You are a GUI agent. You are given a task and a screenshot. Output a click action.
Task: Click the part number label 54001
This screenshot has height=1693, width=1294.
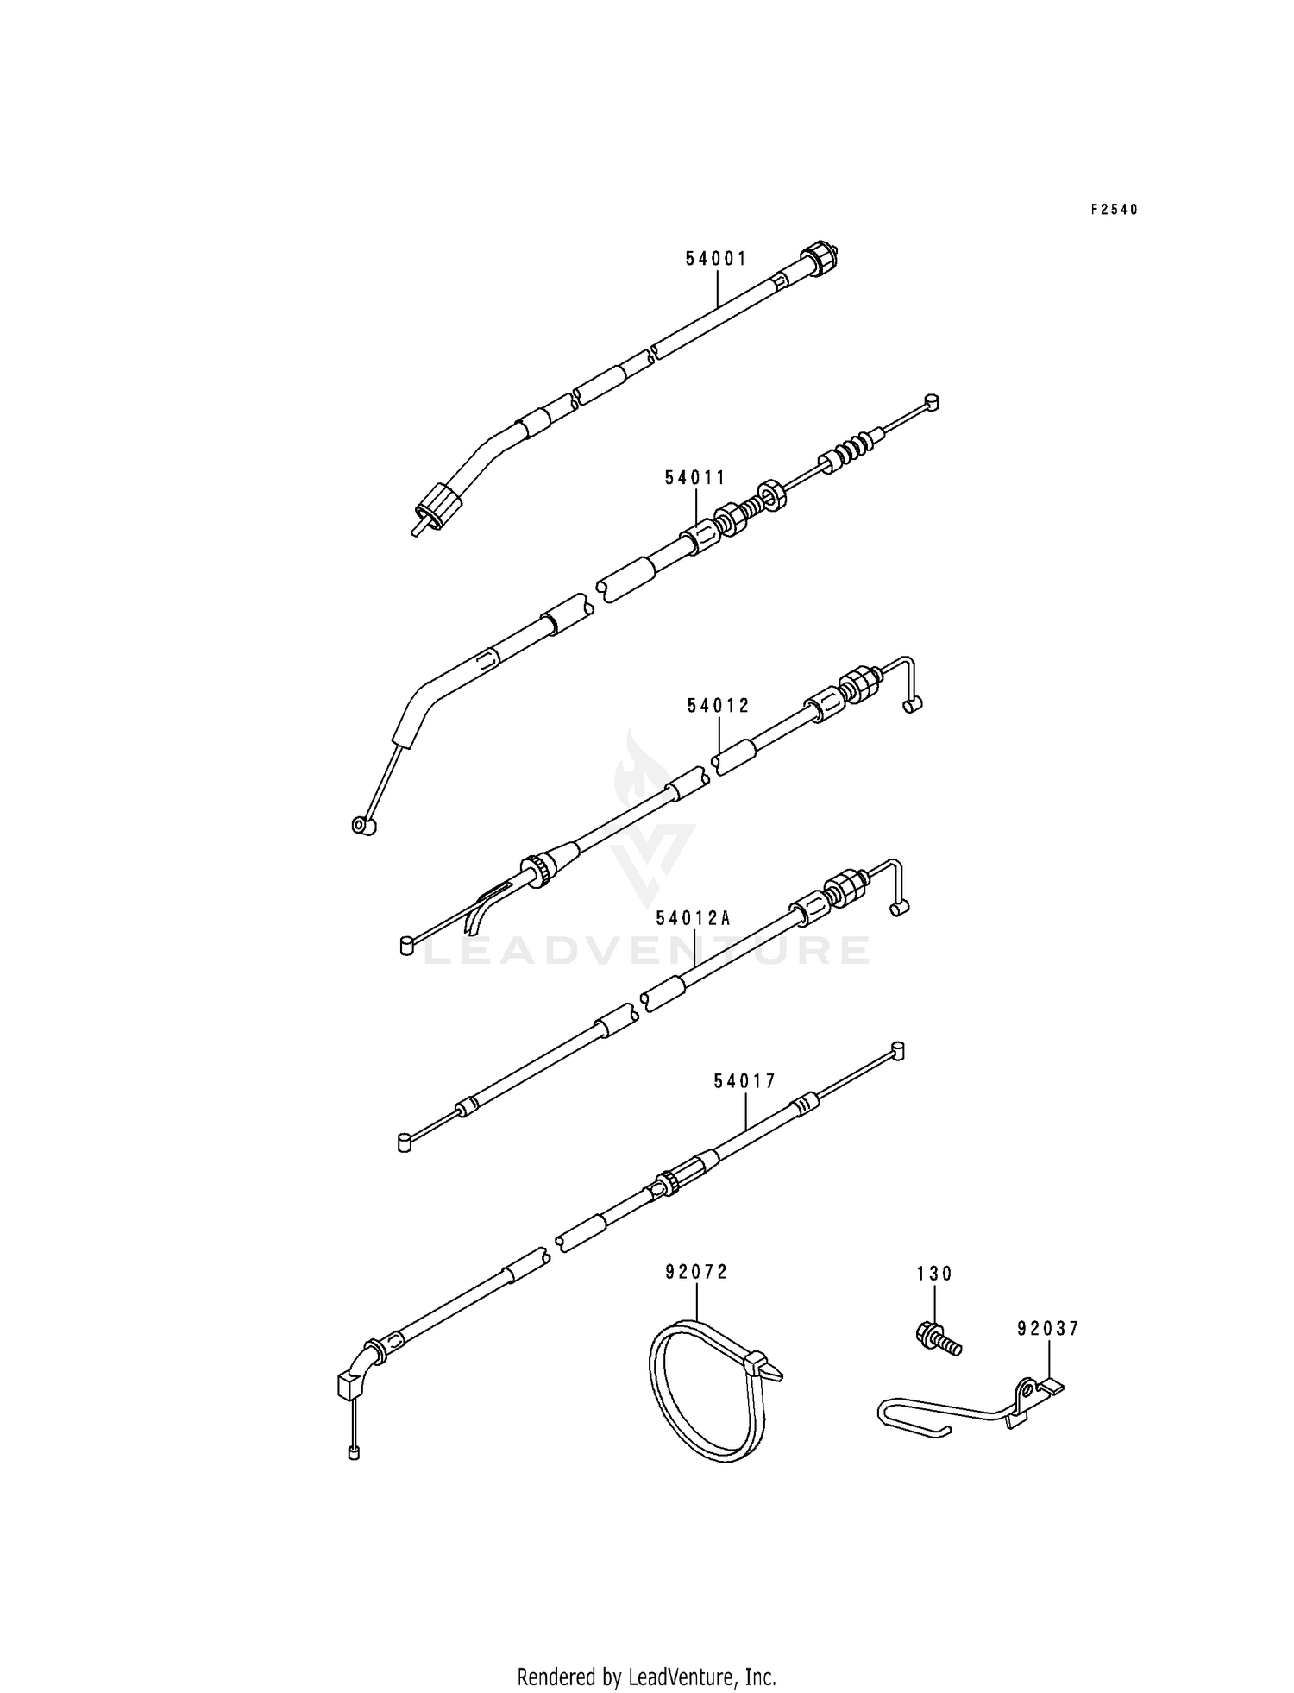click(716, 258)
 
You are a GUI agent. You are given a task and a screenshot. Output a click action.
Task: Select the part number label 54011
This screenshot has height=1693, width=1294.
click(695, 477)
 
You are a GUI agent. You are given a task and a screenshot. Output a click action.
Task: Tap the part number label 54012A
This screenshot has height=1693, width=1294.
click(693, 918)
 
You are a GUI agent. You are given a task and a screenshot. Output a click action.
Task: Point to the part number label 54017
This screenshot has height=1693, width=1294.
click(745, 1080)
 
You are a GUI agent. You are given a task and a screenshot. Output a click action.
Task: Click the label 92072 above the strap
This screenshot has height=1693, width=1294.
click(696, 1271)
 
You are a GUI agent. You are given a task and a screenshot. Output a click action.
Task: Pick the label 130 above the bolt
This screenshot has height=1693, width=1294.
click(934, 1274)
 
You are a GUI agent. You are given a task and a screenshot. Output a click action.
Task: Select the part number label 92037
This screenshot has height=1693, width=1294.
click(1047, 1329)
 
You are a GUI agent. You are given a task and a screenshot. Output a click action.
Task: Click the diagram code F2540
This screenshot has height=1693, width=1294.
click(1114, 209)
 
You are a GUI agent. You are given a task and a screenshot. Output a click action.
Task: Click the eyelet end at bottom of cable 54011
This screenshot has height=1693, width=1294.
click(361, 826)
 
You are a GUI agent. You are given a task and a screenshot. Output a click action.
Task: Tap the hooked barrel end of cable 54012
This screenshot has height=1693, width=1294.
click(913, 705)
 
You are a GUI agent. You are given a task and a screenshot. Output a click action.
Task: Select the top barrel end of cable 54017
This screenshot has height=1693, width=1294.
click(897, 1050)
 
